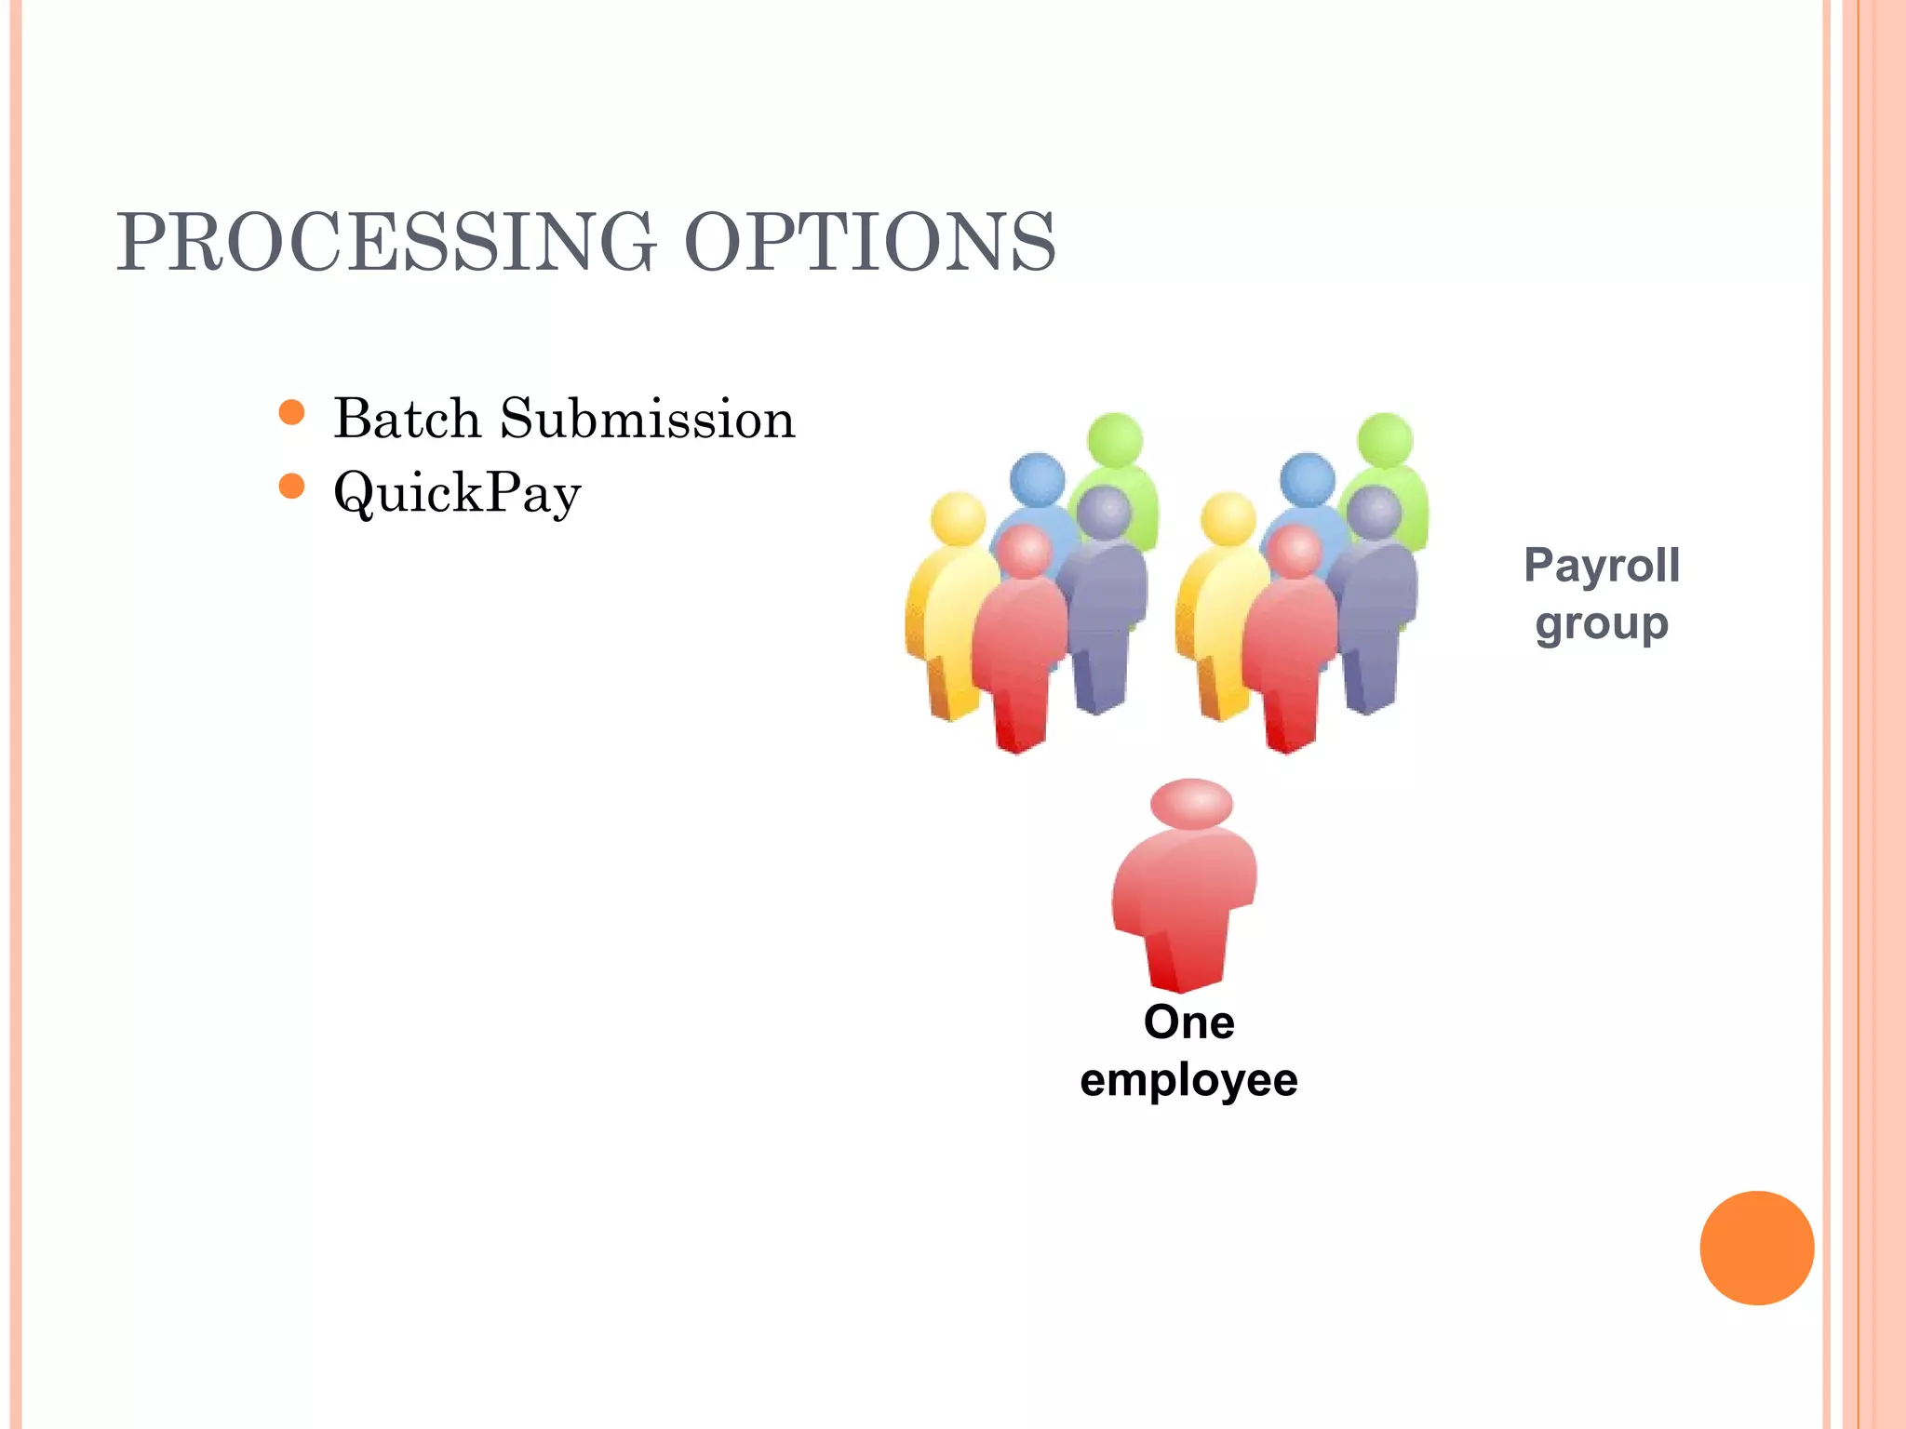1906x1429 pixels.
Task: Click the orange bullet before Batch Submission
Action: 292,412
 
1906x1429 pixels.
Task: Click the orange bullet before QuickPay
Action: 292,486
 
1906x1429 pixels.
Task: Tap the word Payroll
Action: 1602,566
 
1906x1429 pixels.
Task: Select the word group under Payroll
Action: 1602,624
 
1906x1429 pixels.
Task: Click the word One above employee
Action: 1189,1022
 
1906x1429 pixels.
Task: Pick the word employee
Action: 1189,1080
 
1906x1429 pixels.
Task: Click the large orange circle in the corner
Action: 1756,1248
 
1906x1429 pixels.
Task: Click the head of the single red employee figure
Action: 1191,804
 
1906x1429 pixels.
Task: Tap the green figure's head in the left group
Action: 1115,440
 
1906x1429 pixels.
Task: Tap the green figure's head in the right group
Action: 1386,440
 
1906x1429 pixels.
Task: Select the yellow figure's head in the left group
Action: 958,518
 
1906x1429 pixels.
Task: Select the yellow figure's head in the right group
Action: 1228,518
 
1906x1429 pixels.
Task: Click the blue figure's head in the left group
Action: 1037,479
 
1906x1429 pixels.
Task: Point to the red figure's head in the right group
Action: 1295,551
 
